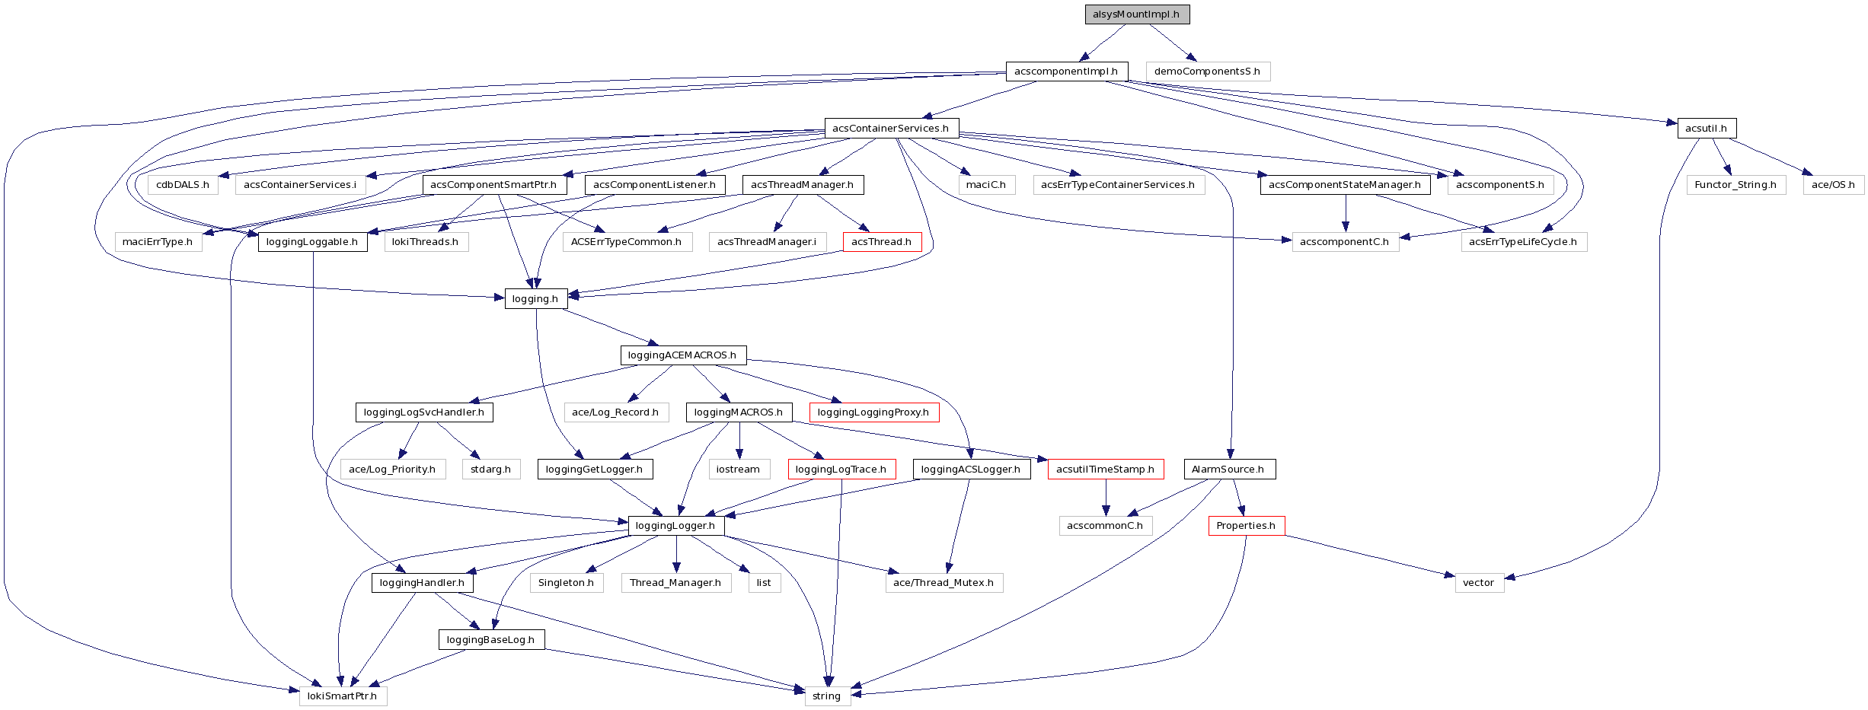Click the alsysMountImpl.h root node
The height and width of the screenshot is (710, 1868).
tap(1136, 14)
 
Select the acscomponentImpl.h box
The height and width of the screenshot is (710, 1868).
tap(1066, 72)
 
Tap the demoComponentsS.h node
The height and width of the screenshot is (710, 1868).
tap(1207, 72)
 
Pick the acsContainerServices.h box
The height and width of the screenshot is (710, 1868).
tap(891, 128)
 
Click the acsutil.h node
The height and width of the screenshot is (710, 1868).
tap(1706, 128)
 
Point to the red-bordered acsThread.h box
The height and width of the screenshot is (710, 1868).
tap(881, 242)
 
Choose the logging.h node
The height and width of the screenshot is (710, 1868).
tap(535, 299)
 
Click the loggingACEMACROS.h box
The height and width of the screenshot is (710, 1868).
tap(682, 355)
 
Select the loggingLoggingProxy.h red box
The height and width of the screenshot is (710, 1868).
tap(873, 412)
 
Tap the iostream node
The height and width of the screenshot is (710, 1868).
tap(738, 470)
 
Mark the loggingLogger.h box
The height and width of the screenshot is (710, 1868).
tap(675, 526)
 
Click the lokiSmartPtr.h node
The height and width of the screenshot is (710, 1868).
tap(343, 696)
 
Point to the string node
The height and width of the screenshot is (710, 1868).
tap(827, 696)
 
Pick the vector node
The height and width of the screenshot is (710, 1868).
tap(1479, 583)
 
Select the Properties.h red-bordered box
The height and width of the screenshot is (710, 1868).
tap(1246, 526)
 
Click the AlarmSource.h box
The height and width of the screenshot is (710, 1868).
tap(1228, 470)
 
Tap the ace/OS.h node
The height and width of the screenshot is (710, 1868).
tap(1833, 185)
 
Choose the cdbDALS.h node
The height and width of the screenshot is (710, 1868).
tap(183, 185)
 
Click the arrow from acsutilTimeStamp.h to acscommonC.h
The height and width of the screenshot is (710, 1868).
tap(1106, 498)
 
